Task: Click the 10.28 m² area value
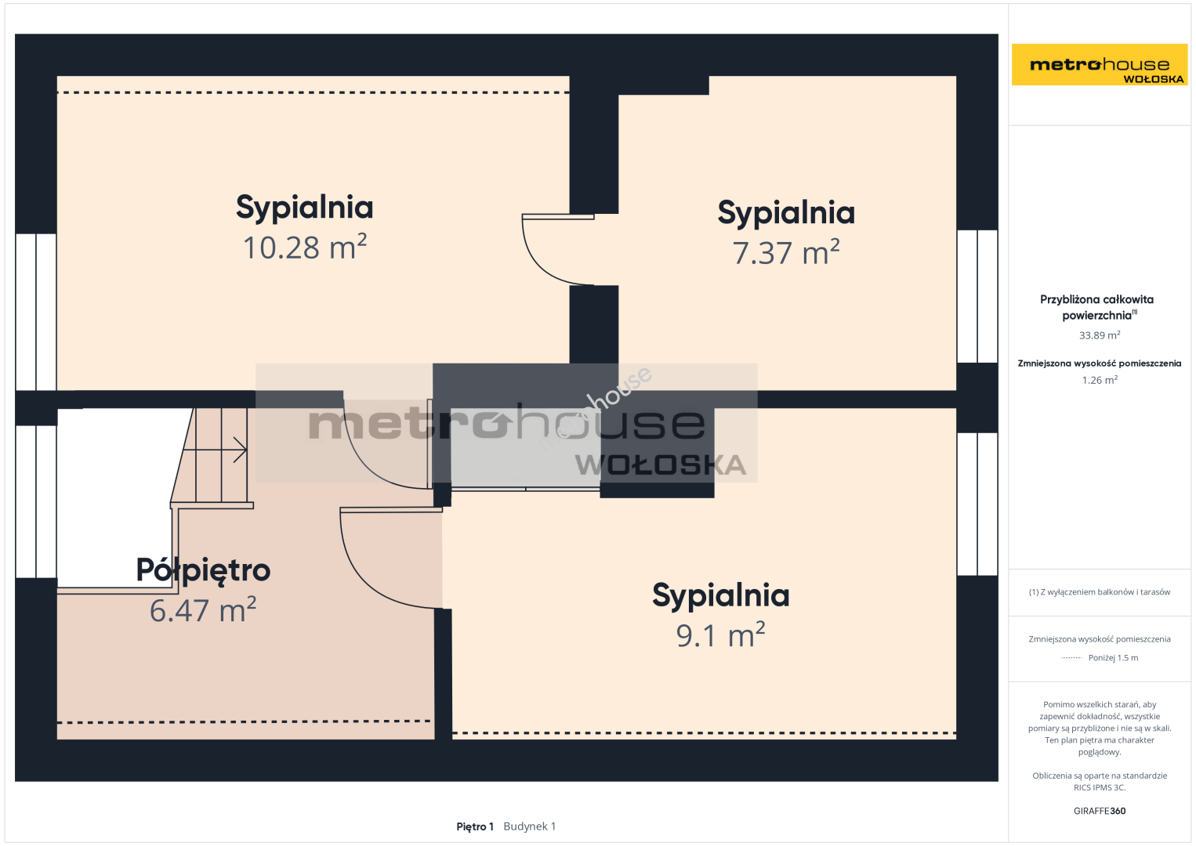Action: (305, 247)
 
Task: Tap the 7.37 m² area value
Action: (786, 252)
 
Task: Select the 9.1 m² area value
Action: (721, 634)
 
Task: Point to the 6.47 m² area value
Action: (203, 610)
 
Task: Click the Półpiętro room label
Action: (203, 571)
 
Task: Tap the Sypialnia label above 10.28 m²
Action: (305, 208)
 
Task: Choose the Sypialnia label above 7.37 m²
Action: (786, 213)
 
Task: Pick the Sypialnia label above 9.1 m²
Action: (721, 595)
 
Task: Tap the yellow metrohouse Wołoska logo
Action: (1100, 64)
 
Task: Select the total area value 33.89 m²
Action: (1100, 335)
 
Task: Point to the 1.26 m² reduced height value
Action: (1100, 380)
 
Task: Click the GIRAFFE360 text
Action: (1100, 811)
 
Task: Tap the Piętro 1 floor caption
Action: (475, 826)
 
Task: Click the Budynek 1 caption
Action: (530, 826)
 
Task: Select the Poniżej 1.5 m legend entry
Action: (1113, 657)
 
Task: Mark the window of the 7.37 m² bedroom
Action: (977, 296)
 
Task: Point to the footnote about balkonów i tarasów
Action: (1100, 592)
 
